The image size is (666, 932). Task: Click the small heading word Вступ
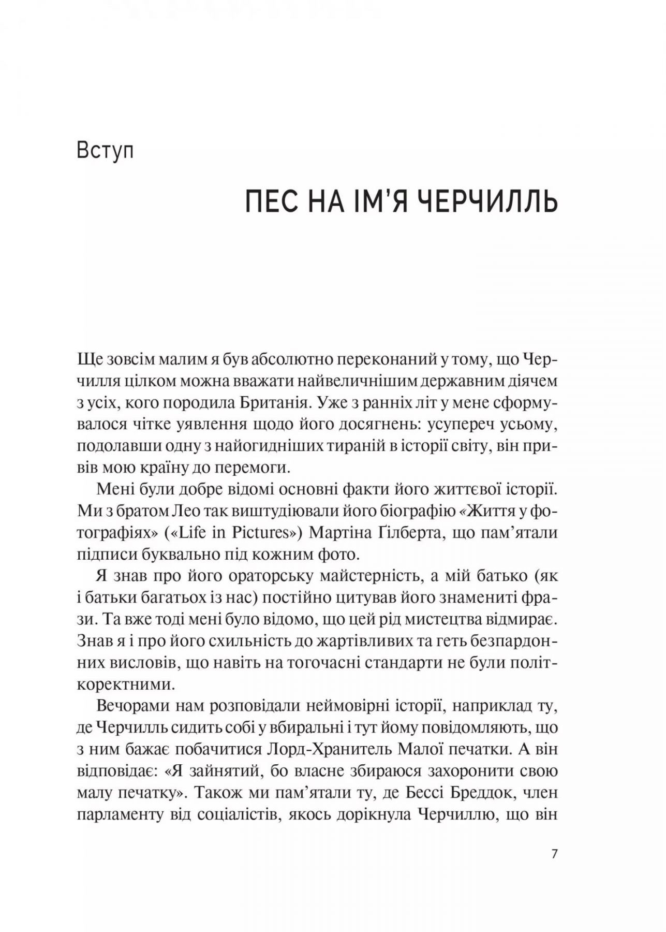pos(105,152)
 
